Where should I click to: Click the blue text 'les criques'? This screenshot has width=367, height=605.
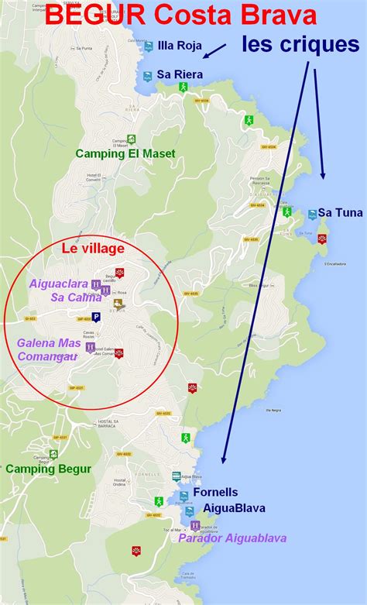300,44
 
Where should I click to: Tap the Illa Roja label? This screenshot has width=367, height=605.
179,46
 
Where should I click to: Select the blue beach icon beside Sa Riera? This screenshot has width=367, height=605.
147,75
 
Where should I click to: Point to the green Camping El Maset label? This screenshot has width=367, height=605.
125,153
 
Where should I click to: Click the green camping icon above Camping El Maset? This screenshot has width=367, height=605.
132,139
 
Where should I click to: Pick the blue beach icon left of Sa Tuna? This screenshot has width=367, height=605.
312,214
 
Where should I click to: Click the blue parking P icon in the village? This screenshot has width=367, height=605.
96,317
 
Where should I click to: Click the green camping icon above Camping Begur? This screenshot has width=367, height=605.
53,455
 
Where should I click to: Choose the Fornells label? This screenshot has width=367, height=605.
216,492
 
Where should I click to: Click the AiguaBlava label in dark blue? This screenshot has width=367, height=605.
234,508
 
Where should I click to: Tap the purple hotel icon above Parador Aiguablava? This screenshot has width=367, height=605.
196,526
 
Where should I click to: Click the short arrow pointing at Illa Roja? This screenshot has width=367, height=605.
214,50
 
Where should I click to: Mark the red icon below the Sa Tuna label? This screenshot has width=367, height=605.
322,239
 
